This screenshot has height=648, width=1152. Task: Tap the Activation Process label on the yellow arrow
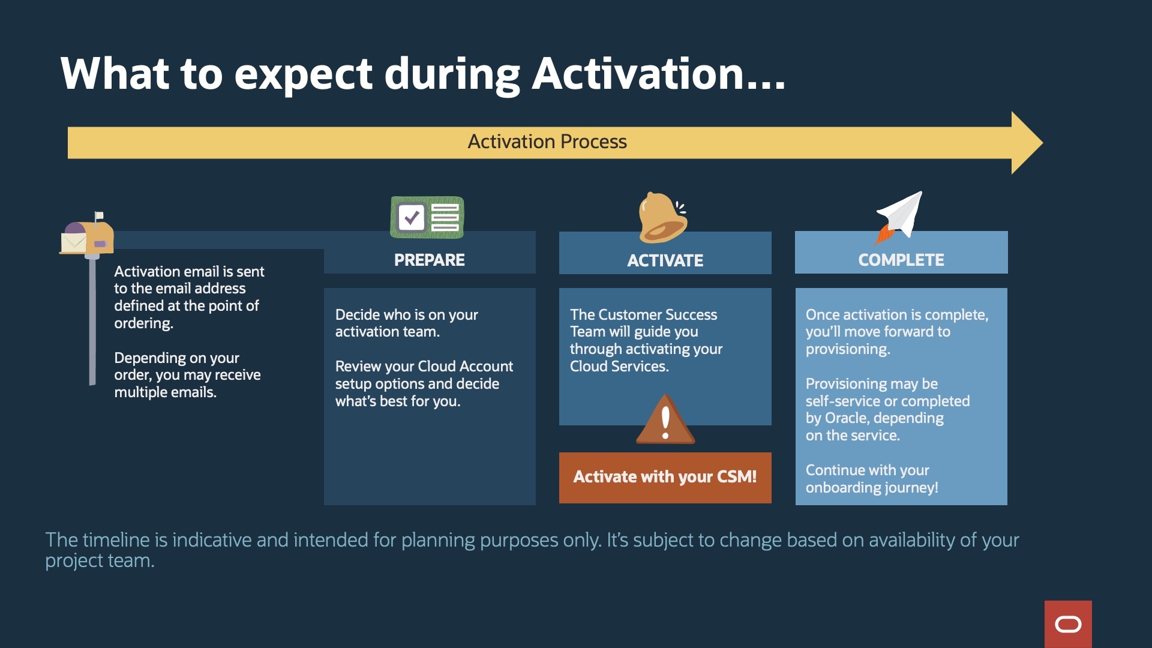tap(547, 142)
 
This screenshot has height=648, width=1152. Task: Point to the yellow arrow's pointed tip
tap(1042, 143)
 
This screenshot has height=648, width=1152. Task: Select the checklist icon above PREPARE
tap(427, 217)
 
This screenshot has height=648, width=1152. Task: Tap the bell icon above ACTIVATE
tap(663, 217)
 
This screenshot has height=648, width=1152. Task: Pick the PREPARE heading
tap(430, 260)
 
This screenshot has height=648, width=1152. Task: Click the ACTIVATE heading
tap(665, 260)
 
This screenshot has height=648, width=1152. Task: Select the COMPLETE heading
tap(901, 260)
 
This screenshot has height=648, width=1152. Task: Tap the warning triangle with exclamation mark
tap(665, 419)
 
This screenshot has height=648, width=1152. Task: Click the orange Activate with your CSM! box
tap(665, 478)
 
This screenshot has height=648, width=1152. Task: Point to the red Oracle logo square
tap(1068, 624)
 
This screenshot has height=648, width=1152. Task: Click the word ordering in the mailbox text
tap(143, 323)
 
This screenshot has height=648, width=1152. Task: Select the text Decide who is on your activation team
tap(407, 323)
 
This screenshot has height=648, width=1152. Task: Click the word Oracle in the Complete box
tap(845, 418)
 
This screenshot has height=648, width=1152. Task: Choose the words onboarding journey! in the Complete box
tap(872, 488)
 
